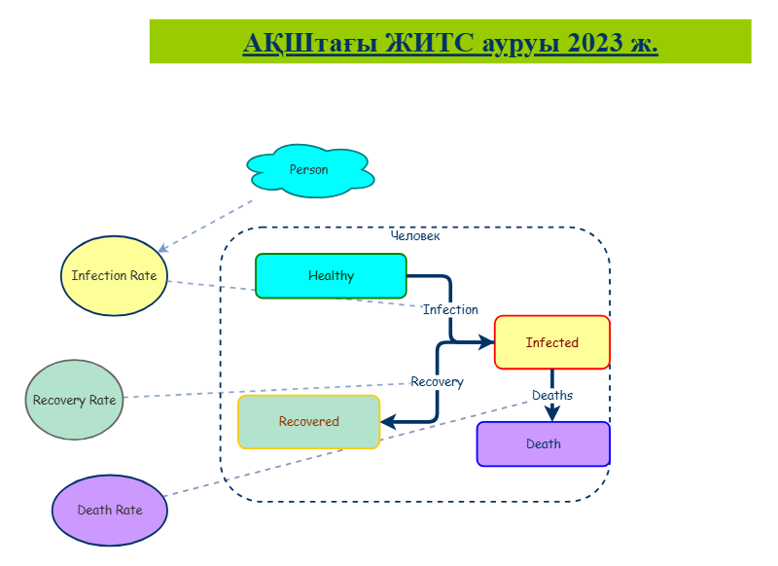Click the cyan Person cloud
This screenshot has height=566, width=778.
(x=310, y=170)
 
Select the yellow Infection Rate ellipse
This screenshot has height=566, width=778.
(x=114, y=276)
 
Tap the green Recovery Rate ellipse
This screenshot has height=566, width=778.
(x=75, y=400)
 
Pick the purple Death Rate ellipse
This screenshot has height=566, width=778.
(x=110, y=511)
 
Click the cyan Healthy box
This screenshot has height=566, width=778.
(x=331, y=276)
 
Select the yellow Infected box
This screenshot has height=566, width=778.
(x=552, y=342)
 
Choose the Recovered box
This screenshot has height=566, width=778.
(x=308, y=422)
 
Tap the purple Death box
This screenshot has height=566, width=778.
(x=544, y=444)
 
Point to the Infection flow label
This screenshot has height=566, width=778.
(x=450, y=309)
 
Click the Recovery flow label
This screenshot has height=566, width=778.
(x=437, y=382)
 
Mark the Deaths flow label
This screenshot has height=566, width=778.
(x=552, y=396)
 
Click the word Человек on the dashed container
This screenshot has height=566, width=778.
(x=415, y=235)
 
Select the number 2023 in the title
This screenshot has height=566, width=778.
(x=595, y=43)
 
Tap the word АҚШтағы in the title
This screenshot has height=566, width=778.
(x=310, y=44)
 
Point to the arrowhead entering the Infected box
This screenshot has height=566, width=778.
(x=486, y=341)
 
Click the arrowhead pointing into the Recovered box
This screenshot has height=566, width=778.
(x=388, y=422)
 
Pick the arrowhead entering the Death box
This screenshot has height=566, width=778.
(x=552, y=413)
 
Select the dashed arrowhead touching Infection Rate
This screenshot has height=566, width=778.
(x=162, y=248)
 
